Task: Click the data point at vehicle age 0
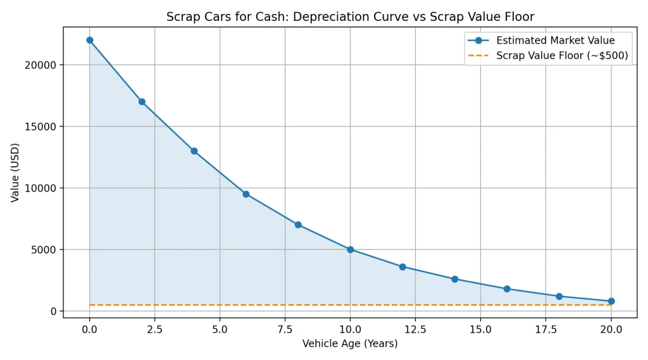(90, 40)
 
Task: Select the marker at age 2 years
(142, 101)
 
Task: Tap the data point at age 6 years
(246, 194)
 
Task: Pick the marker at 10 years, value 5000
(350, 249)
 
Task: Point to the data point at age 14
(454, 279)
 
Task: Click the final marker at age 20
(611, 301)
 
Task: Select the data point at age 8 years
(298, 225)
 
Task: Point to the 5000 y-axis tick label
(44, 249)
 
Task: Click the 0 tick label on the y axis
(53, 311)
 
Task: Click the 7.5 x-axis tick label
(285, 329)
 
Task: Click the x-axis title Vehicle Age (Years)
(350, 344)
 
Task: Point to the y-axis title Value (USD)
(15, 172)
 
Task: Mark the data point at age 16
(507, 289)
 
